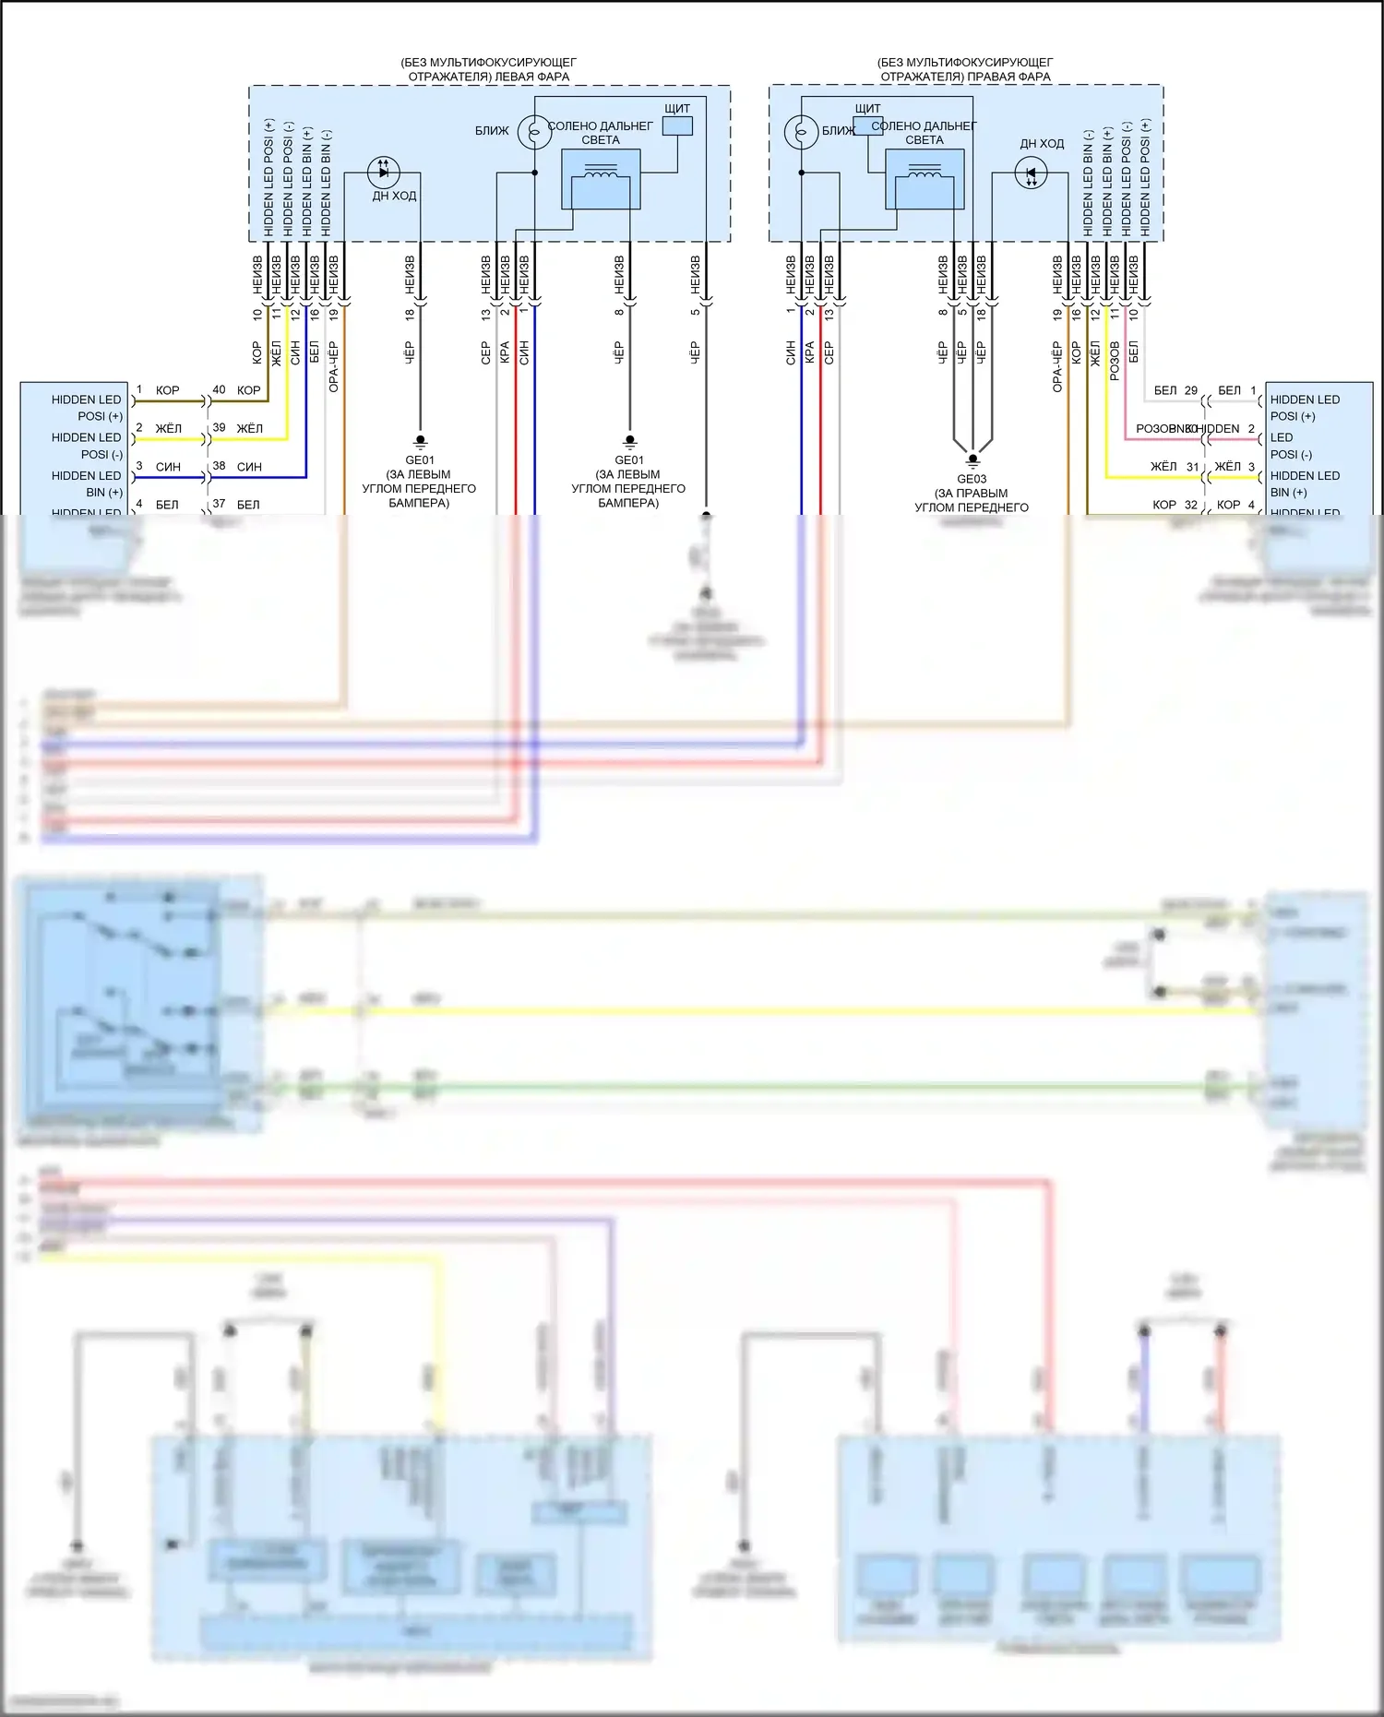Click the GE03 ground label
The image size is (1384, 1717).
pyautogui.click(x=972, y=479)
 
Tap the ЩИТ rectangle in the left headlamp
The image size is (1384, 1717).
pyautogui.click(x=678, y=125)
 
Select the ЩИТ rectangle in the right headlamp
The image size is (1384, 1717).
pyautogui.click(x=867, y=125)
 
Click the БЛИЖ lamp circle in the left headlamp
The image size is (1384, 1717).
pyautogui.click(x=534, y=131)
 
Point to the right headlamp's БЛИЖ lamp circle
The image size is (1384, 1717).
pyautogui.click(x=801, y=131)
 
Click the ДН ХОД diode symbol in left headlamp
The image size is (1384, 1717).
pyautogui.click(x=383, y=172)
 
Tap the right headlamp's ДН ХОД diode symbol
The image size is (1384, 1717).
pyautogui.click(x=1031, y=173)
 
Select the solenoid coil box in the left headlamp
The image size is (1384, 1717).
pyautogui.click(x=601, y=179)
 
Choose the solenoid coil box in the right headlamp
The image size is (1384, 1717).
pyautogui.click(x=925, y=179)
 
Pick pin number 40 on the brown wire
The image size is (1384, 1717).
pyautogui.click(x=219, y=389)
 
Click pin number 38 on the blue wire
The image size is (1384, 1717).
pyautogui.click(x=219, y=466)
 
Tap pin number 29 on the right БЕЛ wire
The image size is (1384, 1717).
pyautogui.click(x=1191, y=390)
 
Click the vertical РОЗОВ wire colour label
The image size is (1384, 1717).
pyautogui.click(x=1115, y=360)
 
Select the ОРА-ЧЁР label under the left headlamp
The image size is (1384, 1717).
pyautogui.click(x=334, y=366)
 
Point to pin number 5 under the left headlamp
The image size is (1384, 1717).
pyautogui.click(x=695, y=312)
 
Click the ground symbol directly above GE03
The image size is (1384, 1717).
pyautogui.click(x=972, y=459)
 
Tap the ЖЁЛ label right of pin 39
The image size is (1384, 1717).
pyautogui.click(x=249, y=428)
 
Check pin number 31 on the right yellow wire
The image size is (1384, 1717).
pyautogui.click(x=1192, y=467)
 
